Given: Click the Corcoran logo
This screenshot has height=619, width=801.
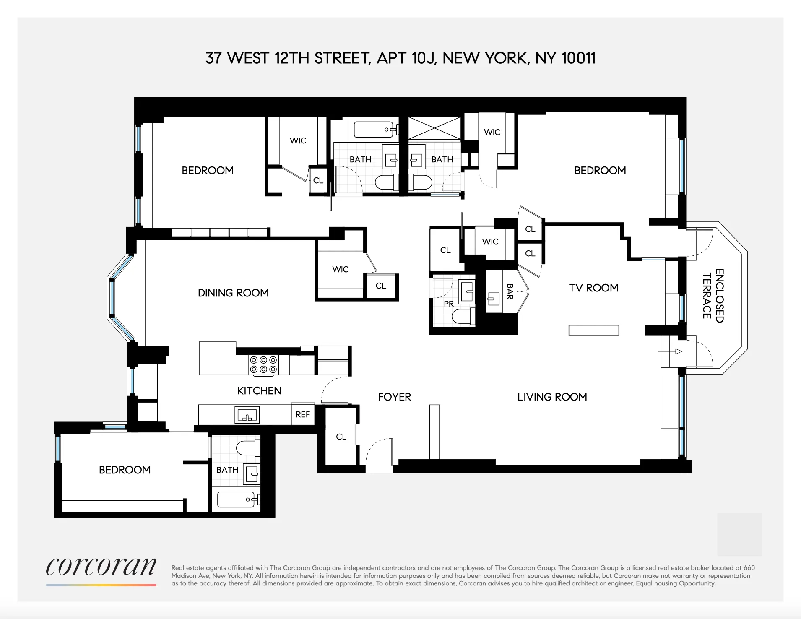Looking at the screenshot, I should coord(101,567).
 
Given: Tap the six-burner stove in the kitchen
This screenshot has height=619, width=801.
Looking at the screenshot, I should coord(263,364).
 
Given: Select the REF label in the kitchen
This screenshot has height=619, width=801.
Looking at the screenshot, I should coord(302,415).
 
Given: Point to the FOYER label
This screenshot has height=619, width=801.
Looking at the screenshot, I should coord(394,397).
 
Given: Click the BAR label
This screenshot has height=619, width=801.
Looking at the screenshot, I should coord(510,291).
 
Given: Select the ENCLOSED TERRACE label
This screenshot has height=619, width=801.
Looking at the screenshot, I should coord(713,296).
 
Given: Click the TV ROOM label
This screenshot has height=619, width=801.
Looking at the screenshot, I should coord(593,288).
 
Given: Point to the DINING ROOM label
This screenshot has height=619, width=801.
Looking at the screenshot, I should coord(233,293).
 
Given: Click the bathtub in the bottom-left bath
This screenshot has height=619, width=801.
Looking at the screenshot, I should coord(236,499).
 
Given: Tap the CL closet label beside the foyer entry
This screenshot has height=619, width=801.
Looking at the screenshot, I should coord(341,437).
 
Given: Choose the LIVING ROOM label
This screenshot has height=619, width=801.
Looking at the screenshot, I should coord(552,397).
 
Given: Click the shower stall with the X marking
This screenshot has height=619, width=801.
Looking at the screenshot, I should coord(434,128).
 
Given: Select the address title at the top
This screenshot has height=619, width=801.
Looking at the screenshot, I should coord(400,58).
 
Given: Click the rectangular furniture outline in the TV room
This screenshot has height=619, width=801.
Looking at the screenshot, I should coord(593,330).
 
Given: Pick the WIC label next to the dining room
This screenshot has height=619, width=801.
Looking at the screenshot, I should coord(340,269).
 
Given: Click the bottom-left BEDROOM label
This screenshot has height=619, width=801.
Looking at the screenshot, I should coord(125,470).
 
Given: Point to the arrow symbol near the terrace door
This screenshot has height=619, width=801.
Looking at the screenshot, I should coord(679,351).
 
